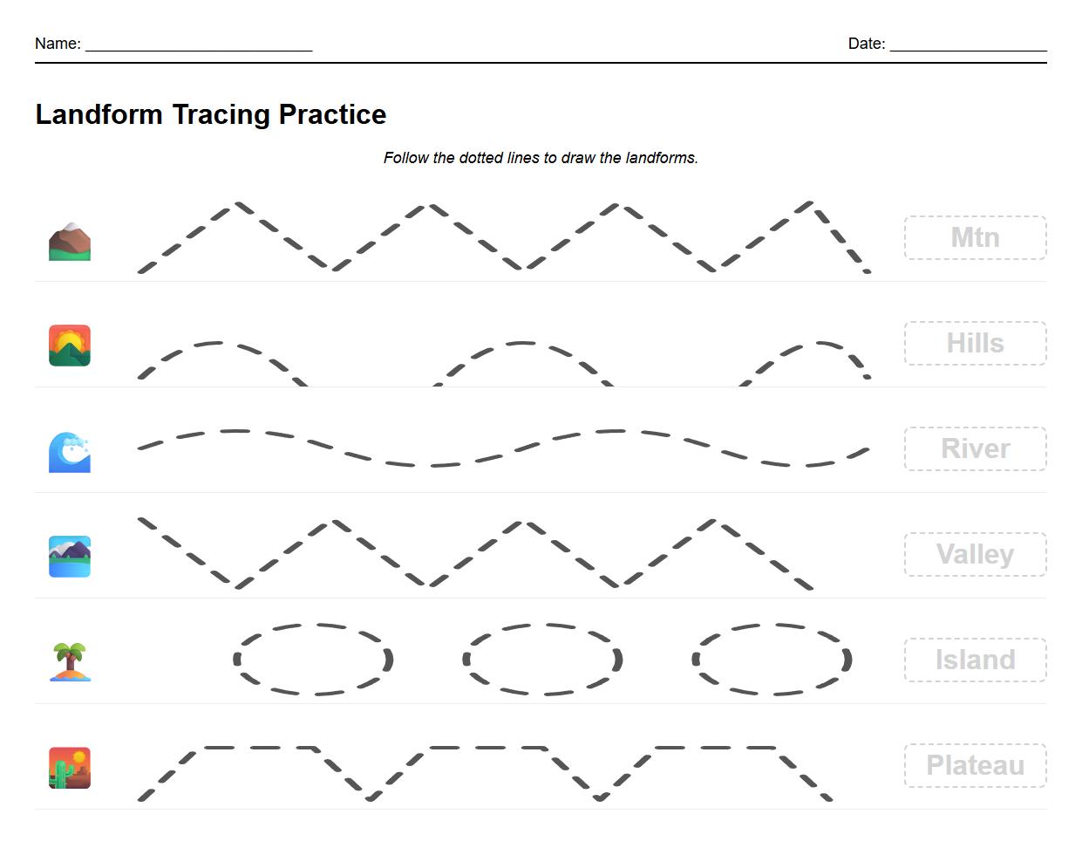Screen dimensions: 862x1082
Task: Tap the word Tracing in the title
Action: pos(221,114)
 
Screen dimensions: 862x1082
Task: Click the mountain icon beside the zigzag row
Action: pos(70,241)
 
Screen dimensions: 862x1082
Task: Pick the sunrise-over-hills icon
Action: pos(70,345)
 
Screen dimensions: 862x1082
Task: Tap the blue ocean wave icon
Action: pos(70,452)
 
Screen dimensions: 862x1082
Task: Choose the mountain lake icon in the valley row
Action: pos(70,557)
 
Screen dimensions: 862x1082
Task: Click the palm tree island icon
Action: pos(70,661)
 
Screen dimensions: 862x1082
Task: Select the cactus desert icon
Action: pos(70,768)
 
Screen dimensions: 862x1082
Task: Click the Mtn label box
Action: pos(975,238)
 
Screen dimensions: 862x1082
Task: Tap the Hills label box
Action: pos(975,344)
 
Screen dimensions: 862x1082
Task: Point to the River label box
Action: pos(975,449)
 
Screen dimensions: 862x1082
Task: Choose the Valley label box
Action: pos(975,555)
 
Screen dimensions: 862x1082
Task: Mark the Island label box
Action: pos(975,660)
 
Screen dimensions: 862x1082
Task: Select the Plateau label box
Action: pos(975,766)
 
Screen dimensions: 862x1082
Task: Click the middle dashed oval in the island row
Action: pos(542,660)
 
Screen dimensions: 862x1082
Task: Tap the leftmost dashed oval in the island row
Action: pos(314,660)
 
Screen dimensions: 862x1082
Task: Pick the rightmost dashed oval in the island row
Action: pos(772,660)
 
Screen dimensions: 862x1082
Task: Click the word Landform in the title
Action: pos(99,114)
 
